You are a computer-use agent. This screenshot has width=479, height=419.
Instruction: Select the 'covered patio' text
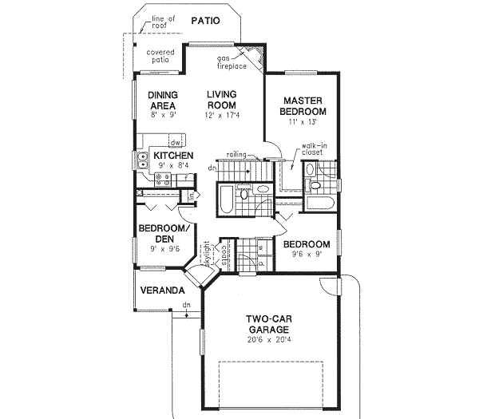click(x=160, y=57)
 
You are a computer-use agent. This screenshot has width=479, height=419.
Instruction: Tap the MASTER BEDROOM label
click(x=302, y=105)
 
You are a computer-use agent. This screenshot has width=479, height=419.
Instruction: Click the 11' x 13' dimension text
click(x=302, y=122)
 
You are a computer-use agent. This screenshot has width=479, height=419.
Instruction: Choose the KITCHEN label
click(x=173, y=156)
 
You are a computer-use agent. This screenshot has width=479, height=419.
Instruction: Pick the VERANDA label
click(x=159, y=291)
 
